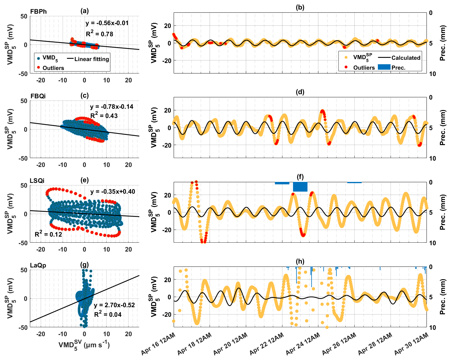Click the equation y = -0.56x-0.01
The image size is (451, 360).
pyautogui.click(x=107, y=23)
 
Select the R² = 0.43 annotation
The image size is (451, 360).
pyautogui.click(x=104, y=115)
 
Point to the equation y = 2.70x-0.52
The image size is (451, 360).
pyautogui.click(x=114, y=305)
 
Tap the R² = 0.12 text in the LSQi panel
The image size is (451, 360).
pyautogui.click(x=48, y=234)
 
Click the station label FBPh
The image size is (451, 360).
pyautogui.click(x=38, y=11)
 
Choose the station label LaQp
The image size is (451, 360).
pyautogui.click(x=38, y=265)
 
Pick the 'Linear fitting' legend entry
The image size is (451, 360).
pyautogui.click(x=92, y=59)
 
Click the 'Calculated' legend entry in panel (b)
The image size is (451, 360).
pyautogui.click(x=406, y=58)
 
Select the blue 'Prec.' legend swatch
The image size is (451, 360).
pyautogui.click(x=384, y=67)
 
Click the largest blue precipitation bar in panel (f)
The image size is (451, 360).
pyautogui.click(x=300, y=187)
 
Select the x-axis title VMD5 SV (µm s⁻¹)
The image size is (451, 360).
pyautogui.click(x=84, y=345)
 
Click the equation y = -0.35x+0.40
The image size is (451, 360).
pyautogui.click(x=113, y=191)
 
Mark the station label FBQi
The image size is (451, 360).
pyautogui.click(x=38, y=96)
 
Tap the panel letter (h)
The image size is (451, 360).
pyautogui.click(x=300, y=261)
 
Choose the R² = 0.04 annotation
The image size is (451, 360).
pyautogui.click(x=108, y=315)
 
